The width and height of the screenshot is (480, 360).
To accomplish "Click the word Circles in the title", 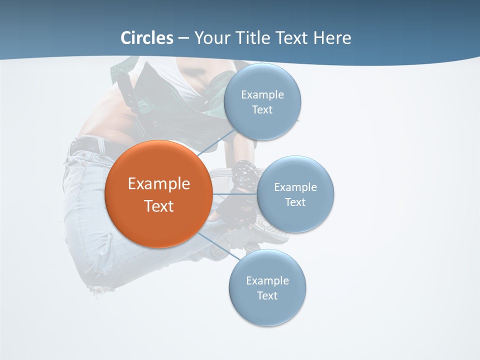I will pos(147,38).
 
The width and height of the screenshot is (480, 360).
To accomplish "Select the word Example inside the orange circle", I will pos(159,183).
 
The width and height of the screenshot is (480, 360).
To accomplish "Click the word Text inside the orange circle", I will pos(159,206).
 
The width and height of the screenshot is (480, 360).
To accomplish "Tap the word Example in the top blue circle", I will pos(262,94).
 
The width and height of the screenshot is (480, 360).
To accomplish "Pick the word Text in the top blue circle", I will pos(262,110).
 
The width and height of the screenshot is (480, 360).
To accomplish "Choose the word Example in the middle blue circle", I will pos(295,187).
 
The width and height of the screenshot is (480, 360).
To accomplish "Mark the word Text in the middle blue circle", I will pos(295,202).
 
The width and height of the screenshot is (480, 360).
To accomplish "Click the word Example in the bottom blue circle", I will pos(267,280).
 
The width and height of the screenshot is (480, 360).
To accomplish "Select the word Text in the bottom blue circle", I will pos(267,296).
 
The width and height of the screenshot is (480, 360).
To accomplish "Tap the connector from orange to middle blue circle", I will pos(234,194).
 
